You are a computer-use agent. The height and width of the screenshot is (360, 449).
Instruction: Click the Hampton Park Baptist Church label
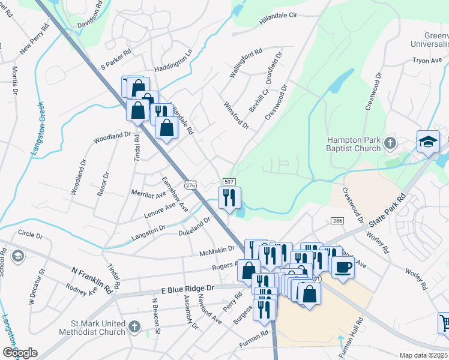tap(354, 144)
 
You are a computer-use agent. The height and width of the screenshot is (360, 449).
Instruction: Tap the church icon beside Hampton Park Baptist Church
tap(390, 143)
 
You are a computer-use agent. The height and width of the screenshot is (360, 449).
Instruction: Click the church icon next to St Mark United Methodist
tap(135, 328)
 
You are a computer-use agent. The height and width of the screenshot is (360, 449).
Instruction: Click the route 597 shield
tap(228, 182)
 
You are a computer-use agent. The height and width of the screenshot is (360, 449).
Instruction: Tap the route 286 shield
tap(336, 221)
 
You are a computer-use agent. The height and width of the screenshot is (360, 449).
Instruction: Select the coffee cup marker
tap(343, 266)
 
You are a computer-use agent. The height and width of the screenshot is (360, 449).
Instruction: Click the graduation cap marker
tap(428, 142)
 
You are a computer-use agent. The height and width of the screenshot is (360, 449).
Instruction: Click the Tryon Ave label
tap(427, 60)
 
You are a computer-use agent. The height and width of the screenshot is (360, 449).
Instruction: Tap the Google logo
tap(20, 353)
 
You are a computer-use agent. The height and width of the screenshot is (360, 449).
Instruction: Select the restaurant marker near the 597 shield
tap(229, 197)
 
